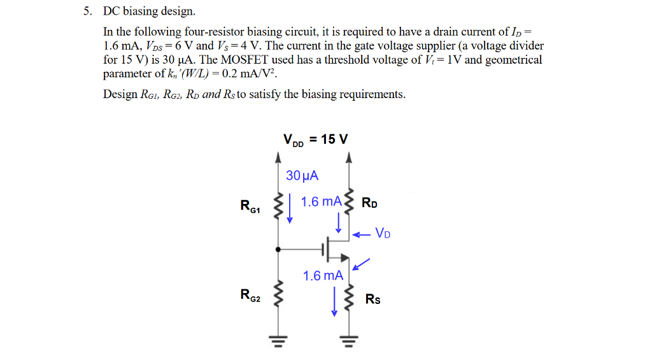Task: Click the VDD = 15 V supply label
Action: pos(315,140)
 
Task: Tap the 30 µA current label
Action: pos(302,175)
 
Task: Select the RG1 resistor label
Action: pos(250,206)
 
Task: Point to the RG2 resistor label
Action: pos(250,294)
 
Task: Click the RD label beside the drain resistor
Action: pos(369,204)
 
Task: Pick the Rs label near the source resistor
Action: pos(372,299)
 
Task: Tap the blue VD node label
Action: pos(383,233)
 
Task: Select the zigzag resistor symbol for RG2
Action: pos(278,295)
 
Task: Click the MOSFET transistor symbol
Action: pos(334,248)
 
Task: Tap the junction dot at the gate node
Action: pos(278,248)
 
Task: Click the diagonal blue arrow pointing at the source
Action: pos(361,264)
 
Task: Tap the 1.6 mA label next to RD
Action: pos(321,201)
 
